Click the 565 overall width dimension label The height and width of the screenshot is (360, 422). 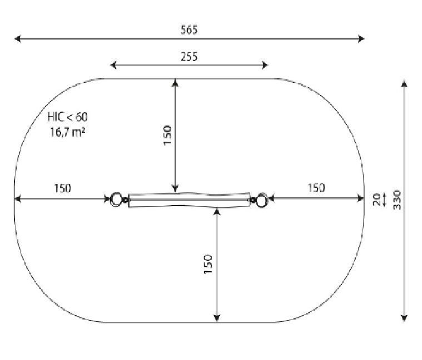coord(189,30)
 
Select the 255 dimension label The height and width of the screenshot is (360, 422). coord(189,57)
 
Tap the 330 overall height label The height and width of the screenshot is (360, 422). coord(397,200)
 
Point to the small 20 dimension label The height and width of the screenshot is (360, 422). coord(376,200)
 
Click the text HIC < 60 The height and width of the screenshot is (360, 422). coord(67,117)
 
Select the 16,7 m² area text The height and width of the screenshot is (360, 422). coord(67,132)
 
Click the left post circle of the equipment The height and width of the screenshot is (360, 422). coord(116,199)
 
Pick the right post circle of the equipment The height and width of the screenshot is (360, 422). coord(262,200)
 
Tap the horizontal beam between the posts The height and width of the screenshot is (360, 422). coord(189,201)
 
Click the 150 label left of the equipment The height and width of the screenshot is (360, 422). coord(63,188)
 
